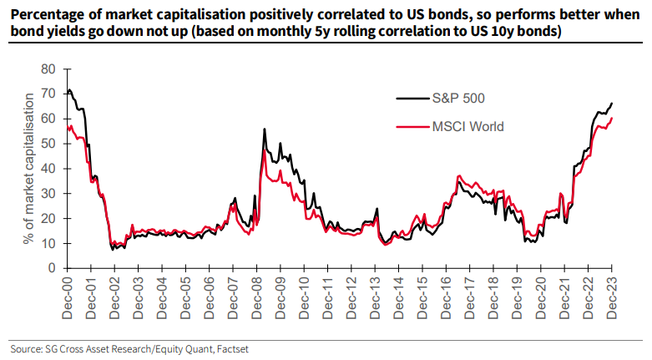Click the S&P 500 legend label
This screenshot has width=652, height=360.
click(x=457, y=99)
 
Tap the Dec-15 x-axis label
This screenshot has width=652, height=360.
click(x=424, y=295)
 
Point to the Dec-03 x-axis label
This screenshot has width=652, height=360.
click(x=139, y=295)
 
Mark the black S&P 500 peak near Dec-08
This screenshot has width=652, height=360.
click(x=265, y=129)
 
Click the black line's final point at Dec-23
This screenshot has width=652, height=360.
click(x=612, y=104)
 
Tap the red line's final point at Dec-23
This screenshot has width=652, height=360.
click(x=612, y=118)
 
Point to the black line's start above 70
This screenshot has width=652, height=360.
click(x=68, y=90)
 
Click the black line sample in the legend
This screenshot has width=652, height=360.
click(x=410, y=99)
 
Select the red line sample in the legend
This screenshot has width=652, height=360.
click(x=410, y=127)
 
